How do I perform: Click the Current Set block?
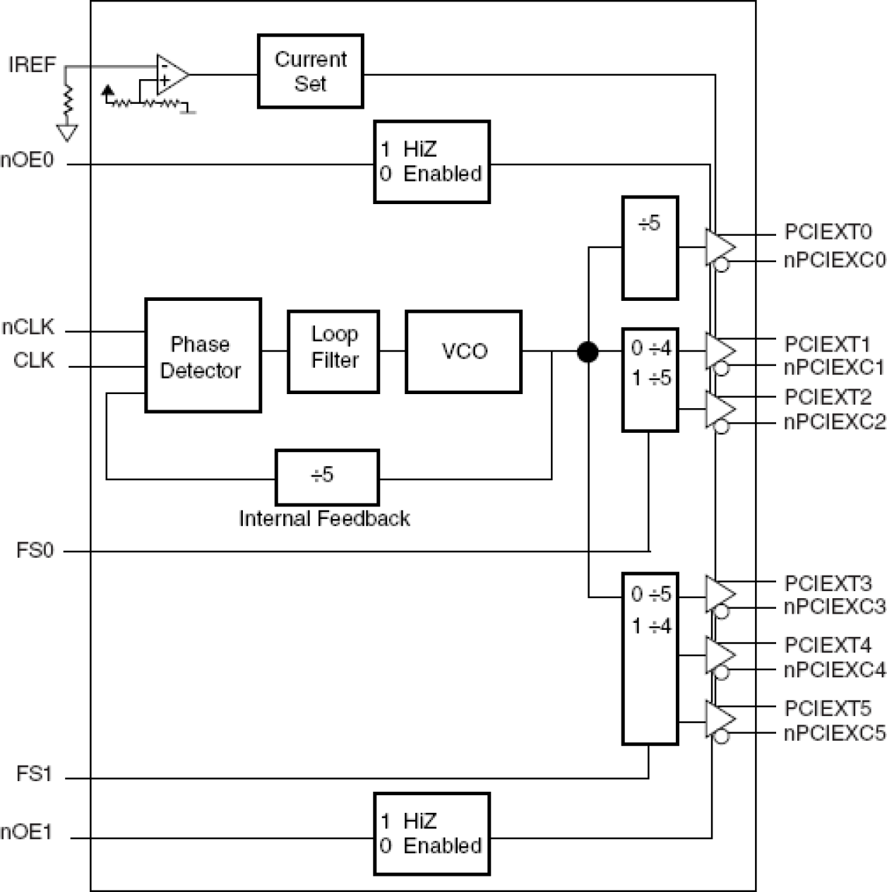(x=310, y=71)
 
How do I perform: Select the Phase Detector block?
(x=203, y=355)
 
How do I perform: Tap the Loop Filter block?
(x=333, y=351)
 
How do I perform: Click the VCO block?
(x=463, y=351)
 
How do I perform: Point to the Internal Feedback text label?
(x=324, y=518)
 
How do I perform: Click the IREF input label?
(x=32, y=65)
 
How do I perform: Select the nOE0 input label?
(x=27, y=160)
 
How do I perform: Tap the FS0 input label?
(x=35, y=550)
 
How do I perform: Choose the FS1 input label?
(x=35, y=774)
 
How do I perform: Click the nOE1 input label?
(x=27, y=832)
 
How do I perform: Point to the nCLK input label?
(x=28, y=328)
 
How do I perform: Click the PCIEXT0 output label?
(x=828, y=232)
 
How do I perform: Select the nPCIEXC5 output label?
(x=834, y=733)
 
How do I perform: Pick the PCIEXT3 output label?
(x=828, y=583)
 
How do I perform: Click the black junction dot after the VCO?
(x=588, y=351)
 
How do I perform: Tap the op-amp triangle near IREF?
(x=170, y=73)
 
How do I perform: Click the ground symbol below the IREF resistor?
(x=68, y=133)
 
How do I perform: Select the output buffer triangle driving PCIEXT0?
(x=719, y=247)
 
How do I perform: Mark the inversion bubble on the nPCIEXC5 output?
(x=721, y=737)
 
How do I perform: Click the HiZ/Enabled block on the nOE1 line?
(x=431, y=833)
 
